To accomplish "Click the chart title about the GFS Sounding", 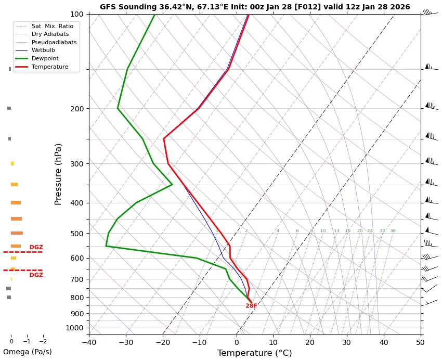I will click(255, 7).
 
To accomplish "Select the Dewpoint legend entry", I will click(45, 59).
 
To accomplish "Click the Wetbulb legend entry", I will click(43, 50).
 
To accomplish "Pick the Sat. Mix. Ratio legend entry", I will click(52, 26).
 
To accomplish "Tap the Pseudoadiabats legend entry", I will click(54, 42).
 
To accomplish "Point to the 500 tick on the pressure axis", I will click(77, 234).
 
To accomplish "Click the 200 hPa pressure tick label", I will click(77, 109).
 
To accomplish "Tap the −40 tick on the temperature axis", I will click(89, 342).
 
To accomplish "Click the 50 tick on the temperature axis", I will click(420, 342).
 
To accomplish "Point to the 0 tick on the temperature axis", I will click(237, 342).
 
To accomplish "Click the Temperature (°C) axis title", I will click(254, 353).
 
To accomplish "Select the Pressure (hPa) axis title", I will click(58, 174).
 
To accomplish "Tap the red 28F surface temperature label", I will click(251, 306).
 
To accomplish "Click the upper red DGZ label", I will click(36, 247).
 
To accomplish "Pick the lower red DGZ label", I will click(36, 275).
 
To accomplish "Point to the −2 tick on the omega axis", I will click(43, 342).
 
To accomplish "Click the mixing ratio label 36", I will click(393, 231).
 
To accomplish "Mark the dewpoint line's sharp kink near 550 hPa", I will click(106, 246).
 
